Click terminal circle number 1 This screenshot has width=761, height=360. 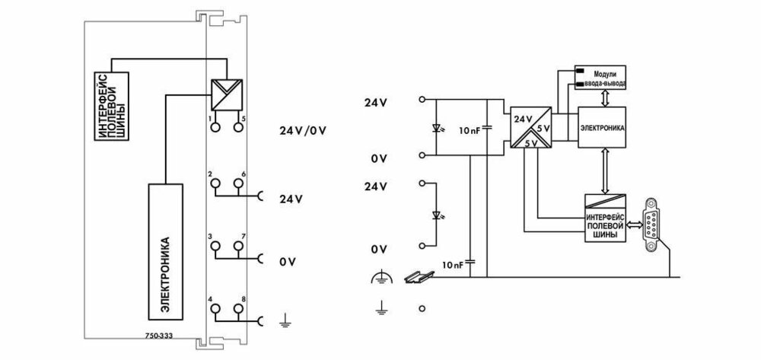pyautogui.click(x=215, y=126)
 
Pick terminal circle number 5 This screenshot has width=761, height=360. pyautogui.click(x=238, y=126)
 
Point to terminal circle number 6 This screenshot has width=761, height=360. pyautogui.click(x=238, y=183)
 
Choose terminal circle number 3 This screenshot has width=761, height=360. pyautogui.click(x=215, y=246)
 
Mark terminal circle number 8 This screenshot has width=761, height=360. pyautogui.click(x=238, y=307)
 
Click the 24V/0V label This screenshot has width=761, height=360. pyautogui.click(x=303, y=130)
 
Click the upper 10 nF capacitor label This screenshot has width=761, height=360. pyautogui.click(x=469, y=131)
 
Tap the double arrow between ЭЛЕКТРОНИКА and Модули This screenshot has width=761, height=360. pyautogui.click(x=602, y=97)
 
